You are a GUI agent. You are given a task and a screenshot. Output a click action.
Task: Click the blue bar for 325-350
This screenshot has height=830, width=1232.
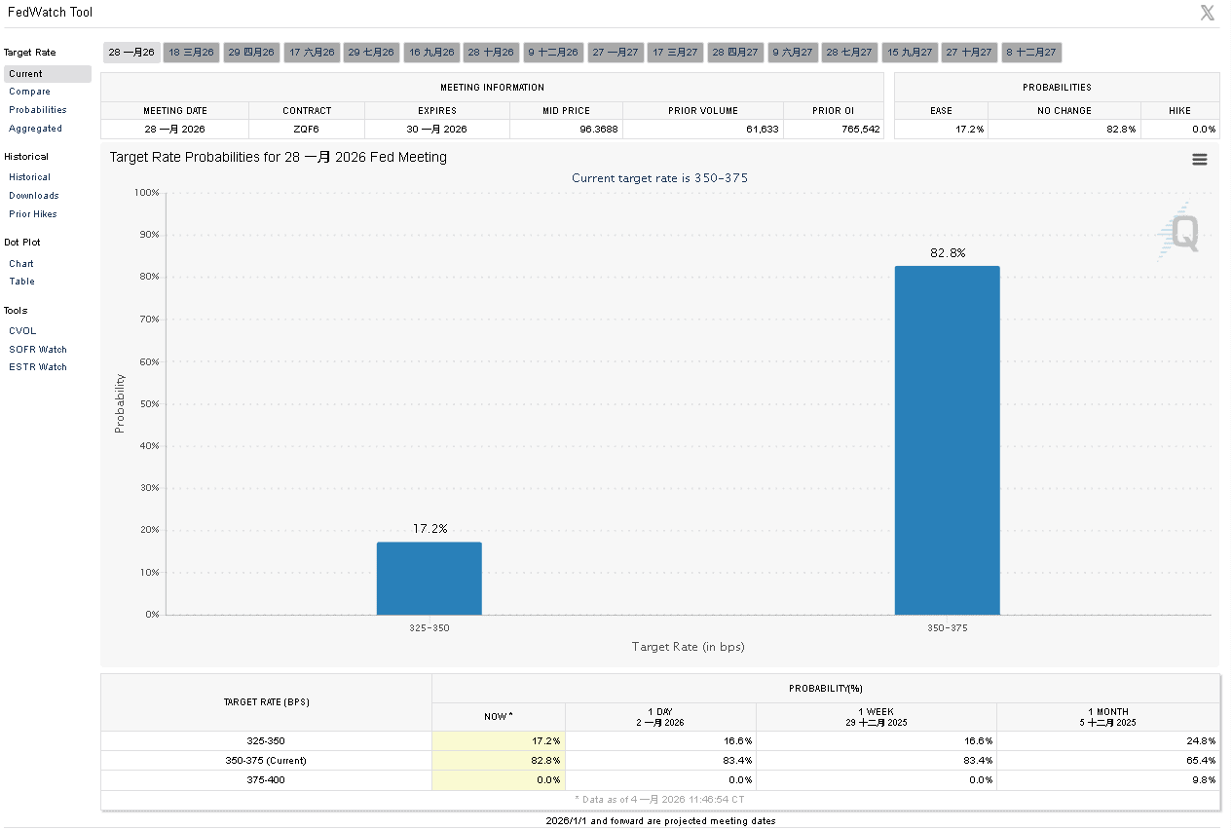pyautogui.click(x=429, y=579)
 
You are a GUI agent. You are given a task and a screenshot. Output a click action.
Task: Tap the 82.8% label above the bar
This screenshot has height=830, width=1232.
pyautogui.click(x=948, y=253)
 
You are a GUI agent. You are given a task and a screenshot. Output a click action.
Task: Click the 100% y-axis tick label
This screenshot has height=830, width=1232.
pyautogui.click(x=146, y=193)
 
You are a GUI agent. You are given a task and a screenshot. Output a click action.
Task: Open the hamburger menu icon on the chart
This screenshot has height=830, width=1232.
pyautogui.click(x=1199, y=160)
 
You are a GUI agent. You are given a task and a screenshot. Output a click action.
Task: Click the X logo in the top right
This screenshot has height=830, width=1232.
pyautogui.click(x=1208, y=13)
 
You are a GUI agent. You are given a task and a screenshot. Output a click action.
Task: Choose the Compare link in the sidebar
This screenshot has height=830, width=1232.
pyautogui.click(x=29, y=92)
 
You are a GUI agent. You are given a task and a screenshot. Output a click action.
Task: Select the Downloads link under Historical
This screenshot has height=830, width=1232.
pyautogui.click(x=34, y=196)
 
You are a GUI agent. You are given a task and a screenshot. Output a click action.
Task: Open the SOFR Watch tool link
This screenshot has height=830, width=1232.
pyautogui.click(x=38, y=349)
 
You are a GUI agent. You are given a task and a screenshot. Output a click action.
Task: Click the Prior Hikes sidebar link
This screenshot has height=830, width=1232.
pyautogui.click(x=33, y=214)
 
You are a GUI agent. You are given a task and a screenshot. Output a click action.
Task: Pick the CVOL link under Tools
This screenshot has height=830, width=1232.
pyautogui.click(x=22, y=331)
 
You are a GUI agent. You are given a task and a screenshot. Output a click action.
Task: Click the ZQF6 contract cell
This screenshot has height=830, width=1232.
pyautogui.click(x=307, y=129)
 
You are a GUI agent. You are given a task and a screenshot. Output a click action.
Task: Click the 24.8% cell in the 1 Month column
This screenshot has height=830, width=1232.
pyautogui.click(x=1201, y=741)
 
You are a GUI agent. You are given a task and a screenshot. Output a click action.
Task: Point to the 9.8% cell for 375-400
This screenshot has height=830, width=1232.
pyautogui.click(x=1203, y=779)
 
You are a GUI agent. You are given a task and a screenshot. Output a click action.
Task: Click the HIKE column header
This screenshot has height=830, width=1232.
pyautogui.click(x=1178, y=111)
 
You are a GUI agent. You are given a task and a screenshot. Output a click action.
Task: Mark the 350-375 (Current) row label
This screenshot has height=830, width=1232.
pyautogui.click(x=266, y=760)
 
